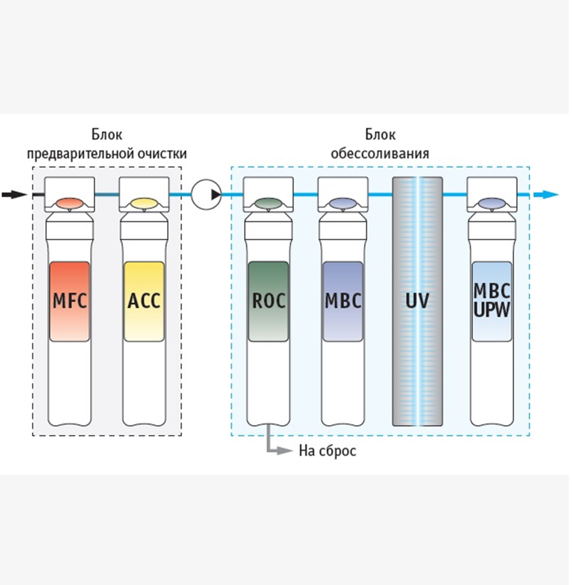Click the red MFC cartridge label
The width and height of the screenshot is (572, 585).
coord(70,301)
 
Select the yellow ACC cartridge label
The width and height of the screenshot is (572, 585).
coord(144,301)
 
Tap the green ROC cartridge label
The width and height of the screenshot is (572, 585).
coord(268,301)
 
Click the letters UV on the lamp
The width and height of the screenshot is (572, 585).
coord(417,301)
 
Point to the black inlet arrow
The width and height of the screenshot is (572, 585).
coord(14,195)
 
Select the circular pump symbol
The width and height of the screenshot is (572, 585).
coord(206,195)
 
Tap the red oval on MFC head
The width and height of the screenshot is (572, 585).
coord(70,203)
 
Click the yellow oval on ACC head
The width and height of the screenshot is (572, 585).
coord(144,203)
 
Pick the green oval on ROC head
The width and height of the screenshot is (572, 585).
coord(268,203)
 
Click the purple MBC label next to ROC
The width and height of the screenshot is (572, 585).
coord(343,301)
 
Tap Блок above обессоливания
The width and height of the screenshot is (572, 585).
coord(380,135)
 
